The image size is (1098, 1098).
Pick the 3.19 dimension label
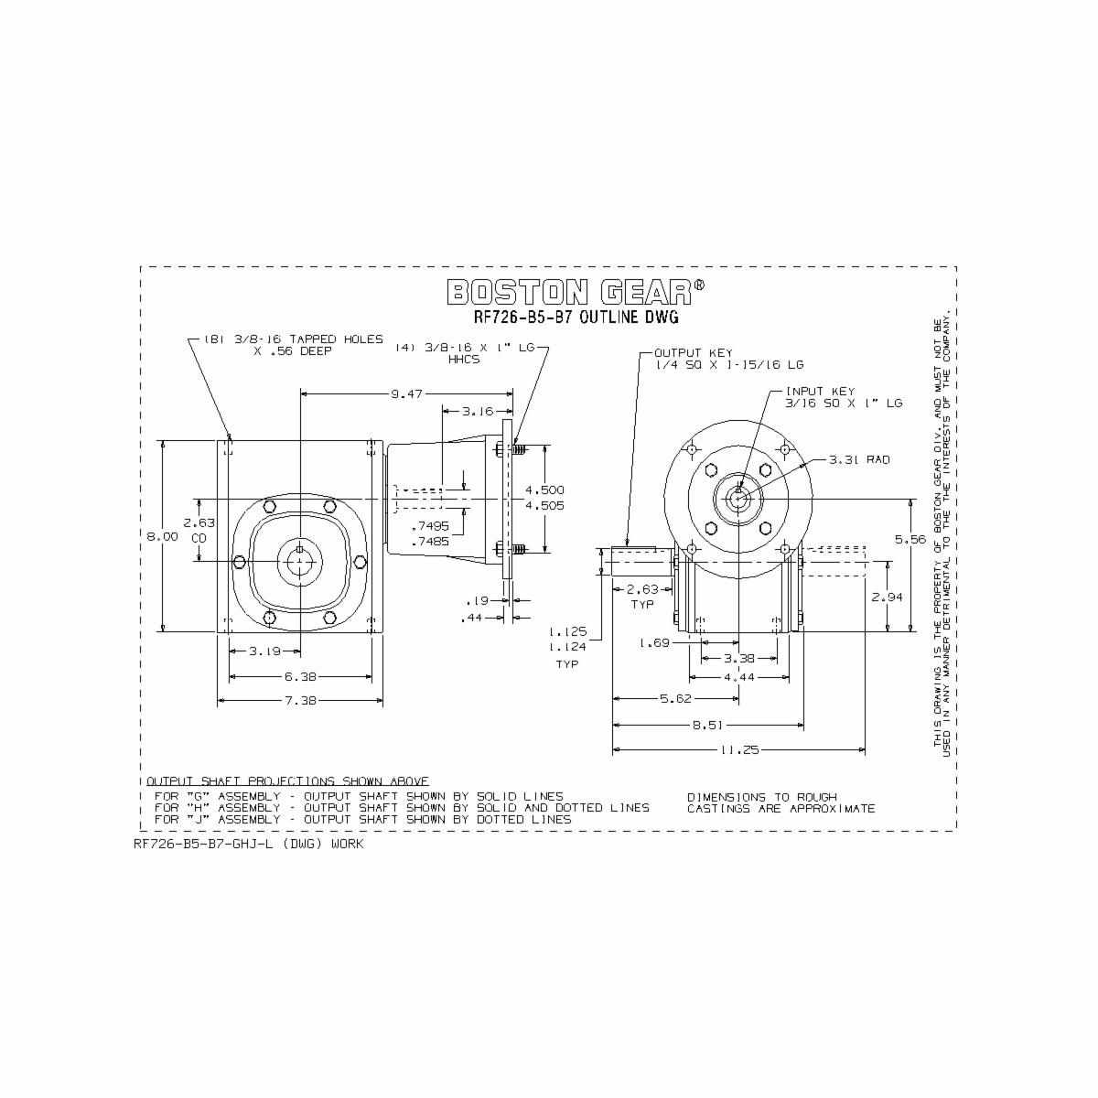[x=264, y=651]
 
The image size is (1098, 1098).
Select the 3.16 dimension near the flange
[x=478, y=411]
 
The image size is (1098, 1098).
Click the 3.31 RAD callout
[x=859, y=459]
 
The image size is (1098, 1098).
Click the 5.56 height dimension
[x=910, y=540]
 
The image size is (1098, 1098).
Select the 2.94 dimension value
[x=888, y=597]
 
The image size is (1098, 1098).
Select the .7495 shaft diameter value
[x=429, y=526]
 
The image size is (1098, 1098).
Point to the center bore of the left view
[x=299, y=561]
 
